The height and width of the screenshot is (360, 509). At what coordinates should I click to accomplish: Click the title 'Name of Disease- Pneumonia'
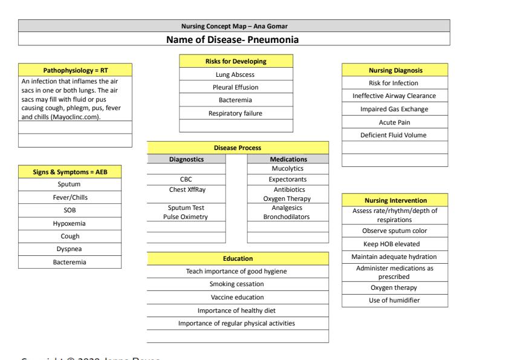[x=233, y=40]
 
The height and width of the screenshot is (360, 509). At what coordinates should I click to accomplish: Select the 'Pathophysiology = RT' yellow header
[x=76, y=71]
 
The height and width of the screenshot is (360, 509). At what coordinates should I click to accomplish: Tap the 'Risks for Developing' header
[x=236, y=61]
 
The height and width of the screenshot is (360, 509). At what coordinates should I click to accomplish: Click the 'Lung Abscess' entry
[x=236, y=74]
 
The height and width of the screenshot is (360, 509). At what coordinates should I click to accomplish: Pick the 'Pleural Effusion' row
[x=236, y=87]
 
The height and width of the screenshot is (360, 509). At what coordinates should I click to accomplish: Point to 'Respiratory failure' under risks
[x=236, y=113]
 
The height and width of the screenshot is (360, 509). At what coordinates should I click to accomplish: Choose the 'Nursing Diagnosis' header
[x=394, y=71]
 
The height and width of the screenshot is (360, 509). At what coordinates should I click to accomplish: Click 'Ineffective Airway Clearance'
[x=394, y=96]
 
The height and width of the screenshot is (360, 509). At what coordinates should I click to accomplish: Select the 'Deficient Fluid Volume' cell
[x=394, y=135]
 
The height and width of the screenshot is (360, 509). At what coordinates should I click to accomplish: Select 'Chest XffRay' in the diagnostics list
[x=186, y=189]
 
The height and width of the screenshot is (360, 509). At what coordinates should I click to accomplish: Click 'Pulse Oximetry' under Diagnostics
[x=186, y=217]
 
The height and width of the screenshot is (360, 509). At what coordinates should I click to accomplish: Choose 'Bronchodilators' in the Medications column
[x=287, y=217]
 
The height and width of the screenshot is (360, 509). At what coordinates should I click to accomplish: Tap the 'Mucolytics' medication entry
[x=287, y=168]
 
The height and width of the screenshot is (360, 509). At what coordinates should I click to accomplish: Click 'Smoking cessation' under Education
[x=237, y=284]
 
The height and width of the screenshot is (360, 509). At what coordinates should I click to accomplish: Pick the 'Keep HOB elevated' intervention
[x=394, y=244]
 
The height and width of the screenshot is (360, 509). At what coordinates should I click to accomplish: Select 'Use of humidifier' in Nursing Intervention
[x=394, y=300]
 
